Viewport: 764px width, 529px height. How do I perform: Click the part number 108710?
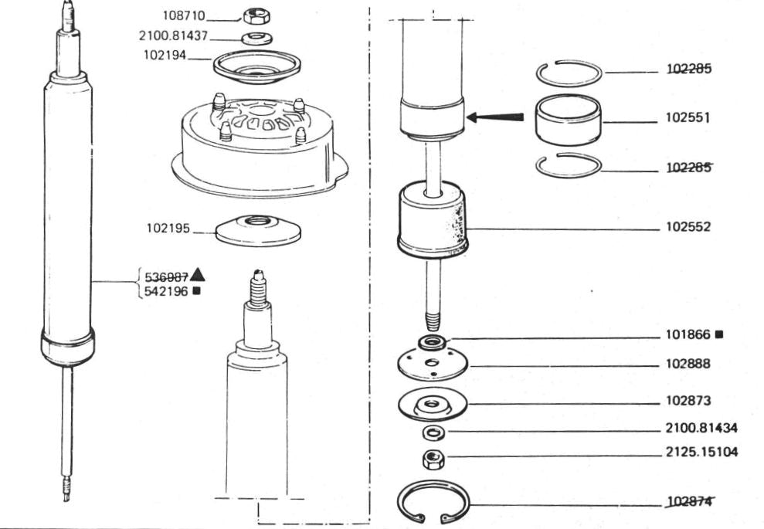point(184,15)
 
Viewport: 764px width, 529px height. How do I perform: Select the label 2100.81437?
point(173,36)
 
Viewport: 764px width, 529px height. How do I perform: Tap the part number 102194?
point(165,55)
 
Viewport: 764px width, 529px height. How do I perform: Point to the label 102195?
point(168,228)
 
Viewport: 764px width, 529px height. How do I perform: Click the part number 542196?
point(166,292)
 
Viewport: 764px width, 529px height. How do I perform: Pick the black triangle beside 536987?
point(197,275)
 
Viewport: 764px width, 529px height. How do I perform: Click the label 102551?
point(688,118)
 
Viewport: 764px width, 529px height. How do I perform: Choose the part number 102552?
point(688,227)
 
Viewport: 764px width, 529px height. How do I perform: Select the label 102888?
point(688,364)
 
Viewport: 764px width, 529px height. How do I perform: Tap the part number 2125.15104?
point(701,452)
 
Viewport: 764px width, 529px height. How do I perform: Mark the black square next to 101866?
point(718,334)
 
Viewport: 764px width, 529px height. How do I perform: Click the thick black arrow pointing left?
point(495,117)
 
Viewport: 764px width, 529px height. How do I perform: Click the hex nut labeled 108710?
point(256,16)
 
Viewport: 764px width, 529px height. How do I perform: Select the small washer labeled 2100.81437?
point(256,38)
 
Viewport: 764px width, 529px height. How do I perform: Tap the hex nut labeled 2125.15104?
point(433,459)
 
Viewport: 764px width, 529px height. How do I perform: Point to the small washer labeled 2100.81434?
point(433,432)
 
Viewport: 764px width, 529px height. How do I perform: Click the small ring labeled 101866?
point(432,342)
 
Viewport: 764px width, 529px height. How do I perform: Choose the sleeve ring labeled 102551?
point(568,120)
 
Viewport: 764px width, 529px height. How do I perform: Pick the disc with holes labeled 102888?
point(432,364)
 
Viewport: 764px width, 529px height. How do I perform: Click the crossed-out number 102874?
point(689,501)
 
